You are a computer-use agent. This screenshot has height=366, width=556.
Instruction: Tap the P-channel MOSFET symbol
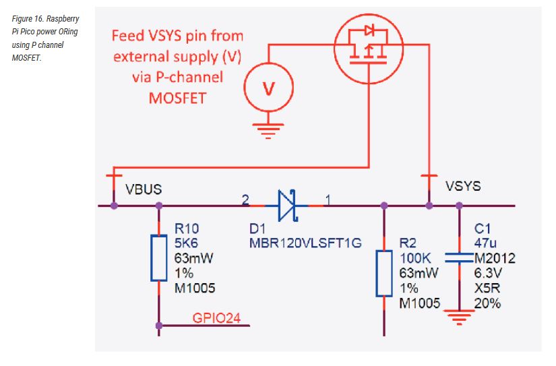369,49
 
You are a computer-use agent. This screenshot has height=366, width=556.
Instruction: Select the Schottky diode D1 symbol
286,206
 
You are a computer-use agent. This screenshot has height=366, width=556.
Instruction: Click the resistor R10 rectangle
159,258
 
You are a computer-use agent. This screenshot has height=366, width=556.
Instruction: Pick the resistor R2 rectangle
384,273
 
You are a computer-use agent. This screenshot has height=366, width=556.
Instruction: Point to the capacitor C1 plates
459,258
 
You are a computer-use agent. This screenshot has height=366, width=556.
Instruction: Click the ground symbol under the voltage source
268,131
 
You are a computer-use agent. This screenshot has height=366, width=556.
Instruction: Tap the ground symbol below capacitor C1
459,317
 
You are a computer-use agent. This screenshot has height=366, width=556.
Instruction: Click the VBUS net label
144,189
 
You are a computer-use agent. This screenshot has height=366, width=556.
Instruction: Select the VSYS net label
463,186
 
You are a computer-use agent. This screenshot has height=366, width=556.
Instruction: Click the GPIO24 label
216,317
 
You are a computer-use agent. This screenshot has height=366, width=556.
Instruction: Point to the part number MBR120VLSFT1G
305,243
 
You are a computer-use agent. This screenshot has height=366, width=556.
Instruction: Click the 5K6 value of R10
186,243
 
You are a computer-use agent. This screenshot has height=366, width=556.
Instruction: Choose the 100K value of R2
415,258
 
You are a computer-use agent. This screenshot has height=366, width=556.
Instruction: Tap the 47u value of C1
485,243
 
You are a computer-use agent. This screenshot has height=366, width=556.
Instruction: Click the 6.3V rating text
488,273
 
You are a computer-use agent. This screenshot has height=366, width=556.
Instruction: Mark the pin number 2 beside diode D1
245,200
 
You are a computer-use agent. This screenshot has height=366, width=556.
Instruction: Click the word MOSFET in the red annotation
177,98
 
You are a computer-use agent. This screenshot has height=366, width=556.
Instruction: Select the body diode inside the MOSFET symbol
369,30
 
